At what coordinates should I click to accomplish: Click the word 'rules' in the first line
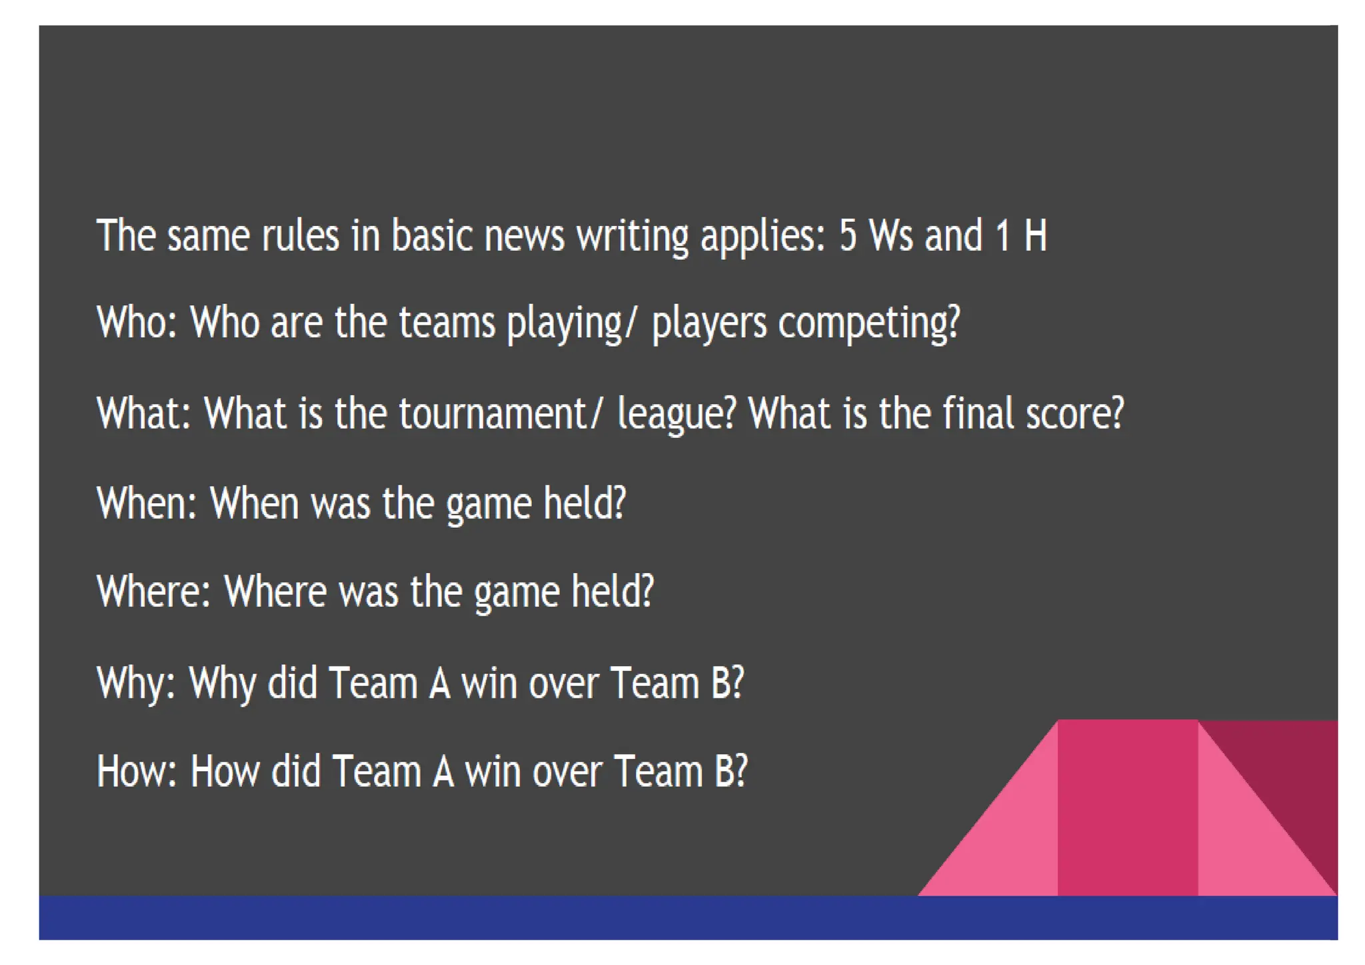tap(300, 236)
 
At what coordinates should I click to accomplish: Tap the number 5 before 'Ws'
tap(847, 236)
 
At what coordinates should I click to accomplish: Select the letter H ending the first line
tap(1035, 236)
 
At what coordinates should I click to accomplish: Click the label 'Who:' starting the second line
tap(137, 323)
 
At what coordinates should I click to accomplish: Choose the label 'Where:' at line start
tap(154, 592)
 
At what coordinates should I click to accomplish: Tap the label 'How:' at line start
tap(137, 772)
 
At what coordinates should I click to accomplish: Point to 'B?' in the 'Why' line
tap(727, 683)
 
